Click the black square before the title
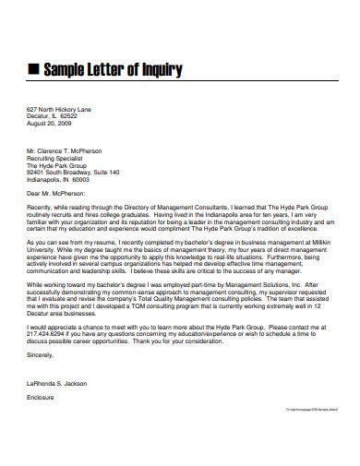[33, 69]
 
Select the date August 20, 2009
[48, 122]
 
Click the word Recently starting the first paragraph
[42, 209]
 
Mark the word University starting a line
[42, 247]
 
